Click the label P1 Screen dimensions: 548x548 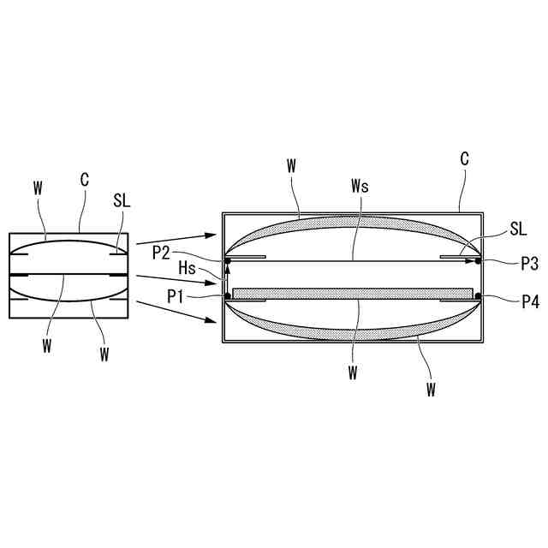[175, 297]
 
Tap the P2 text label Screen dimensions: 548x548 [161, 253]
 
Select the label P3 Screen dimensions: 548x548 [529, 264]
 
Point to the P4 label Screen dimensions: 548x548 [531, 301]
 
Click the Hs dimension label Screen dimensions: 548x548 [187, 268]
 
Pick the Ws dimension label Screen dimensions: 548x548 [360, 186]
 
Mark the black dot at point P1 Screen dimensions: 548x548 [228, 296]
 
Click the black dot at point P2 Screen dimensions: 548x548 [228, 261]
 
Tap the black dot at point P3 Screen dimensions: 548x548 [478, 261]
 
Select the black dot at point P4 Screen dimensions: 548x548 [478, 296]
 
